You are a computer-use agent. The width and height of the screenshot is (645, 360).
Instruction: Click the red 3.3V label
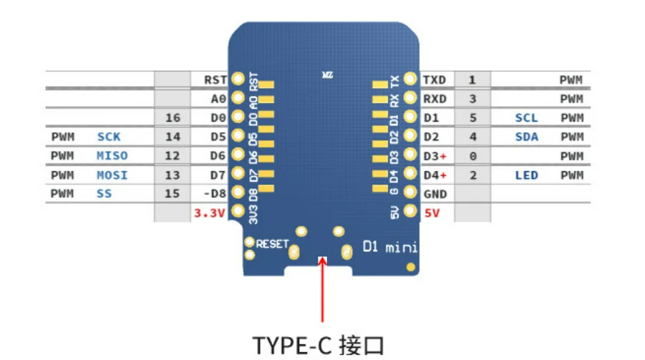pos(210,213)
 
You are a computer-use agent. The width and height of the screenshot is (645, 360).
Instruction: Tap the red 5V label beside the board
pos(432,213)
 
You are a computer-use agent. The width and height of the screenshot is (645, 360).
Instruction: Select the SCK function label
pos(109,137)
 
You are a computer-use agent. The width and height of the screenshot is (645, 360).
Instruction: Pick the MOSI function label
pos(112,175)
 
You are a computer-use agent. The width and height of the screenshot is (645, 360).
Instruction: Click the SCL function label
pos(526,117)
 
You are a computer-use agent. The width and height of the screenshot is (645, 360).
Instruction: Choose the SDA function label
pos(526,137)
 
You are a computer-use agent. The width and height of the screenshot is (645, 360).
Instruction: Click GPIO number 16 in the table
pos(173,117)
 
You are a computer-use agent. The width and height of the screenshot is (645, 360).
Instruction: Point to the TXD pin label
pos(435,79)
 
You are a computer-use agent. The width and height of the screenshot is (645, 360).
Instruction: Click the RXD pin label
pos(435,99)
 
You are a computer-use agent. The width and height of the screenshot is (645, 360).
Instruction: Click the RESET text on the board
pos(271,244)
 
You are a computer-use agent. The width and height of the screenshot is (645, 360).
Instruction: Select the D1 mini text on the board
pos(390,248)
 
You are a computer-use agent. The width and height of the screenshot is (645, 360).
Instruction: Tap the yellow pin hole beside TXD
pos(409,79)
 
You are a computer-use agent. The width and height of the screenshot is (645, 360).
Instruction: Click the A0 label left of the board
pos(218,99)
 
